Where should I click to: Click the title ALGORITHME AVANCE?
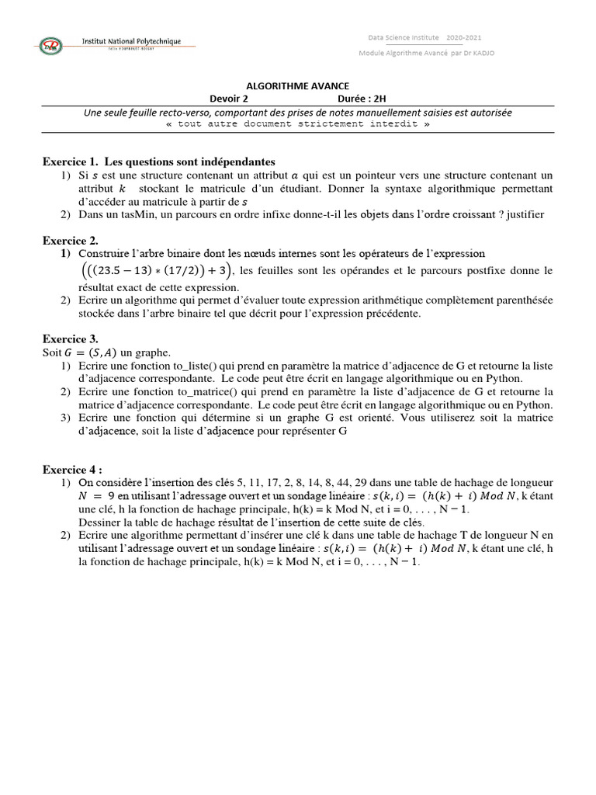point(297,86)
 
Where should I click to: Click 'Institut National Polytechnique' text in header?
point(133,40)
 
